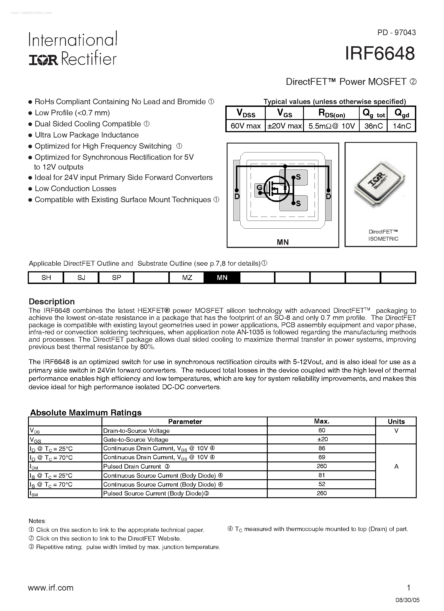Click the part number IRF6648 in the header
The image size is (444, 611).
(380, 53)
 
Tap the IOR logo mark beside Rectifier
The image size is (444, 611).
(43, 60)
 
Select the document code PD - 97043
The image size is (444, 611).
(396, 33)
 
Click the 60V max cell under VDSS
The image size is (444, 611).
(246, 126)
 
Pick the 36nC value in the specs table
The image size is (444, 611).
(373, 126)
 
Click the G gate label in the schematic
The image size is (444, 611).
(259, 188)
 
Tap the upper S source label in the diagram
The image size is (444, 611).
(298, 177)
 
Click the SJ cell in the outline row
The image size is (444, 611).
(81, 278)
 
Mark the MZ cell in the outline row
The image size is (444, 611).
(187, 278)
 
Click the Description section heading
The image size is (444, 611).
(52, 302)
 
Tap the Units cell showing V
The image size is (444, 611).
(396, 431)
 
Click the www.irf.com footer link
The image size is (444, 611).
(51, 588)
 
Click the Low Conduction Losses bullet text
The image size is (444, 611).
(75, 189)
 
